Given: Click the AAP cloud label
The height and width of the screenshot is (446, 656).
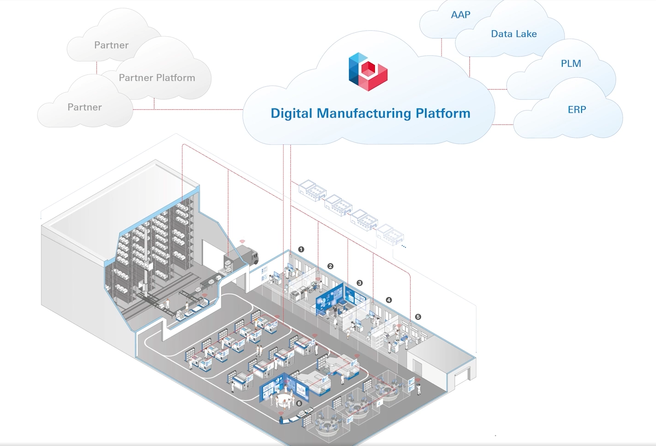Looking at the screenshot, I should click(x=460, y=15).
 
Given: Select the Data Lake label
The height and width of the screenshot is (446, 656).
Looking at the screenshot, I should click(x=514, y=34).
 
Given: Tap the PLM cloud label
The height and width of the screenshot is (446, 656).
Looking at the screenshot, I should click(x=571, y=64).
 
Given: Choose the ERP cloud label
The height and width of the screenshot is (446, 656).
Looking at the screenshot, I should click(x=577, y=110).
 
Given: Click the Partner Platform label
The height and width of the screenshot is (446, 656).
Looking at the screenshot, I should click(x=157, y=78).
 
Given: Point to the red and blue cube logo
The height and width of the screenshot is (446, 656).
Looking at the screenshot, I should click(x=368, y=72).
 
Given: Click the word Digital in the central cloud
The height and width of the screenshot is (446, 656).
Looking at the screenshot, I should click(x=291, y=113).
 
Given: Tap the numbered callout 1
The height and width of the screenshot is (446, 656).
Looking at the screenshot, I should click(x=301, y=249).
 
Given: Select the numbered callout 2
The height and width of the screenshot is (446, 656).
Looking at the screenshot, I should click(x=330, y=266).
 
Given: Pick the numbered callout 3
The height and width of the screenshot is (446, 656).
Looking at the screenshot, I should click(x=360, y=283).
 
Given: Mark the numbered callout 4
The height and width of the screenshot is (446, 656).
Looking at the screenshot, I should click(x=389, y=300).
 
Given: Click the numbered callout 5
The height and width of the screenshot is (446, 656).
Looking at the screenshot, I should click(x=418, y=317).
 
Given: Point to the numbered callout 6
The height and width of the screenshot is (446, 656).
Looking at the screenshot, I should click(x=299, y=403).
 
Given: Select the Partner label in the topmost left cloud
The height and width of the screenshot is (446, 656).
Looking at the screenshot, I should click(x=111, y=45).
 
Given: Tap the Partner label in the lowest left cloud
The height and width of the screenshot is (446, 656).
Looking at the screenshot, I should click(x=85, y=107).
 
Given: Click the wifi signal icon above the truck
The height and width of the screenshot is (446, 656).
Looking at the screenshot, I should click(x=243, y=241).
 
